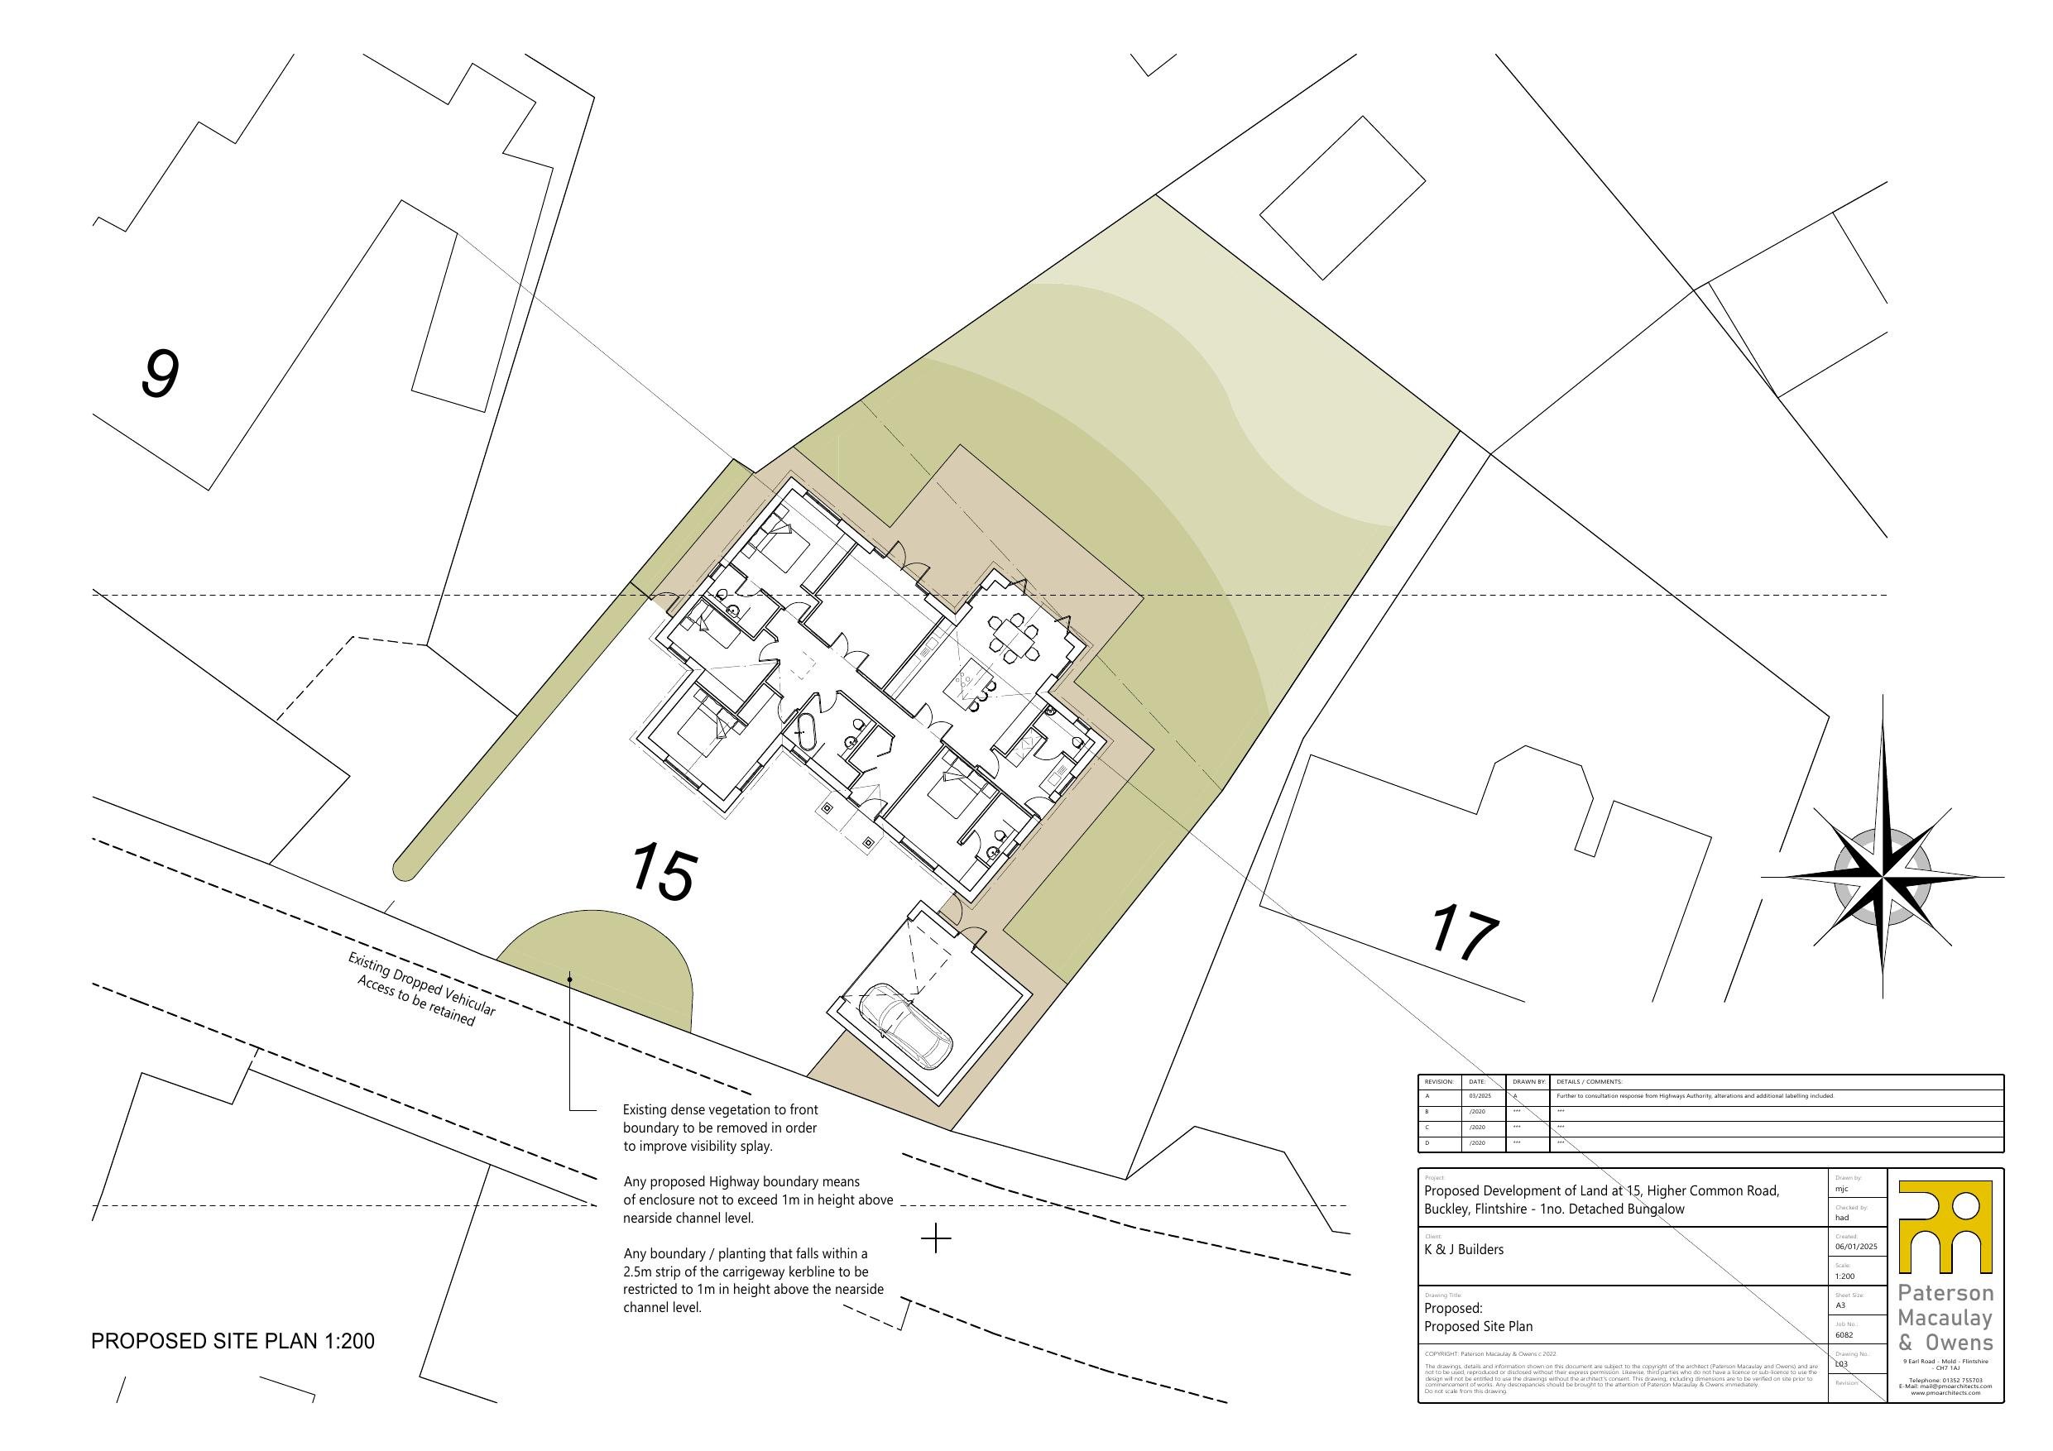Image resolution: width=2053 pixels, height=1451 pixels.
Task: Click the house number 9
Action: (160, 375)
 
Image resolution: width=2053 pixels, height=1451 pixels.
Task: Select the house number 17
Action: (1464, 934)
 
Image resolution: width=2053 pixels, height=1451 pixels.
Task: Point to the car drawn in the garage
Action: (906, 1023)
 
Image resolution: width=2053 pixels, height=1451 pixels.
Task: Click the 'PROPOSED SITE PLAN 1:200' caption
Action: (233, 1341)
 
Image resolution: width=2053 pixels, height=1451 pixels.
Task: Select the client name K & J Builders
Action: (1464, 1250)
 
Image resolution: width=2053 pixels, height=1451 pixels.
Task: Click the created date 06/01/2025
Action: (1855, 1247)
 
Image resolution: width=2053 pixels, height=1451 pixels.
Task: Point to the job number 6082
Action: (1844, 1335)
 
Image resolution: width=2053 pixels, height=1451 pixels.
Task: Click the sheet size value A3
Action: (1840, 1305)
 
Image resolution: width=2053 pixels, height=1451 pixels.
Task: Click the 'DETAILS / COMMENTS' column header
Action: (1589, 1082)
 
